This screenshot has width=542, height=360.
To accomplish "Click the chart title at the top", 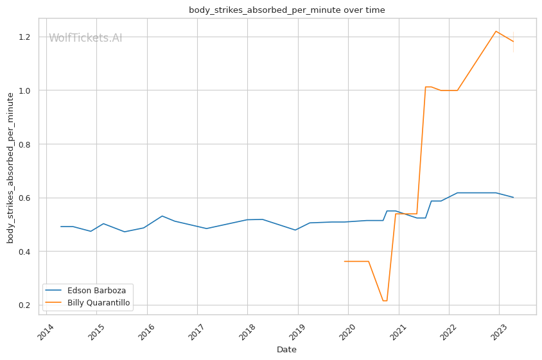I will [286, 10].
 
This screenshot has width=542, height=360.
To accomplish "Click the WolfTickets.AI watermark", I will [85, 38].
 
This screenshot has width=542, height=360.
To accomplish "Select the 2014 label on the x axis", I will [45, 331].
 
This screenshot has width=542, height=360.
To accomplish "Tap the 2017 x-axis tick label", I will [196, 331].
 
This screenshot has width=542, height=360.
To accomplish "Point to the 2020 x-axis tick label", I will [347, 331].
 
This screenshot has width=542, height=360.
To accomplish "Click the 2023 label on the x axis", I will [498, 331].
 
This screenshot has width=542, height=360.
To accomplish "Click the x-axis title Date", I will [286, 350].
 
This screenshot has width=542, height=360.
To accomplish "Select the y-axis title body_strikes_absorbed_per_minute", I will [10, 167].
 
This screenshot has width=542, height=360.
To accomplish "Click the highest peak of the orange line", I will [496, 31].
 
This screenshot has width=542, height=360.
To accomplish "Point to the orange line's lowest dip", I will [385, 301].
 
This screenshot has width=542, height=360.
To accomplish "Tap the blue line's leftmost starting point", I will [61, 227].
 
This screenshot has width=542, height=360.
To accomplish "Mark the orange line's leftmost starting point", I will [345, 261].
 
